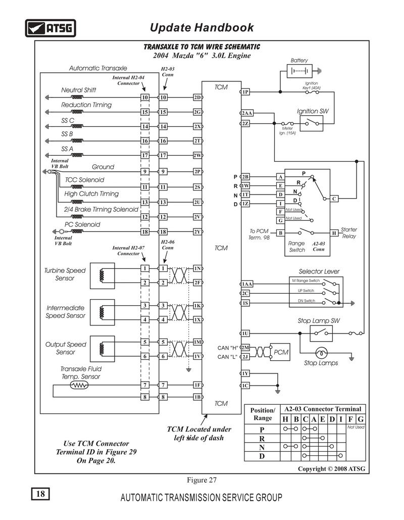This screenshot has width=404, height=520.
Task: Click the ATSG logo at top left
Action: [50, 28]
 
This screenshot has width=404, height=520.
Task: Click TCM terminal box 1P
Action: [245, 92]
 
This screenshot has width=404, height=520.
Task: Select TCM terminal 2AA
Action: [247, 113]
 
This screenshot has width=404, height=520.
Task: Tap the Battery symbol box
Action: [299, 71]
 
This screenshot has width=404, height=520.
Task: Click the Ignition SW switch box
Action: [311, 124]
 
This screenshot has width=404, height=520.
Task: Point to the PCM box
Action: [280, 352]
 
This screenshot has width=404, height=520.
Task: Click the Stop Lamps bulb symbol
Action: [321, 352]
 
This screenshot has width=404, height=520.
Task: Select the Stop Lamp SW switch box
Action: [321, 334]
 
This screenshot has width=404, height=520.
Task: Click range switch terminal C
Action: [334, 199]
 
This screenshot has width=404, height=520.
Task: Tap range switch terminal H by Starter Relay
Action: [334, 233]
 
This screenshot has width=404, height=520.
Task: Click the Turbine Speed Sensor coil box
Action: [103, 276]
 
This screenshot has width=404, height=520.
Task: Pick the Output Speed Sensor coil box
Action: [103, 349]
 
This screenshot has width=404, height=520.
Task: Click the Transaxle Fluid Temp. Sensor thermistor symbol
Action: [79, 385]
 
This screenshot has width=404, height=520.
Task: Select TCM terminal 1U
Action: [245, 334]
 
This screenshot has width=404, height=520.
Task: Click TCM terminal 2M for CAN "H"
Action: [245, 348]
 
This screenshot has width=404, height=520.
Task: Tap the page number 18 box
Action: [40, 494]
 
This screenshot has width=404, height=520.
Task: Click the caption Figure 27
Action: [201, 480]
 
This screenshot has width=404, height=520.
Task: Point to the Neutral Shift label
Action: [79, 90]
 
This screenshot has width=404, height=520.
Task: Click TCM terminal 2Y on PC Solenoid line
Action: [197, 232]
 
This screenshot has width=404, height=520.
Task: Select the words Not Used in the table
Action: [356, 427]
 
